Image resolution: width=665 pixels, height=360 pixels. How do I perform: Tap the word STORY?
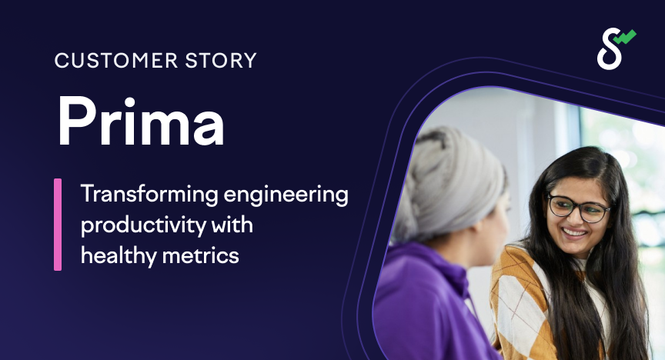tap(222, 60)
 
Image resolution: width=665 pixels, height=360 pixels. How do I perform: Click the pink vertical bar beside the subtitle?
tap(58, 225)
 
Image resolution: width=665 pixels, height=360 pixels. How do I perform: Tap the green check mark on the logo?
tap(626, 36)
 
